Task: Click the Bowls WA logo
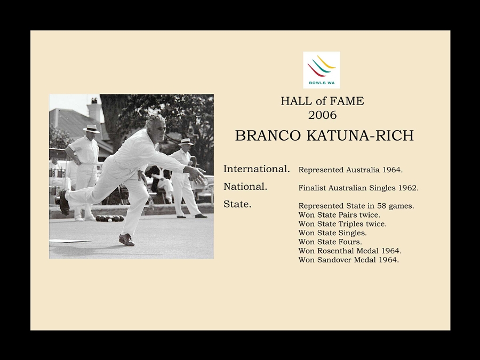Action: pos(322,70)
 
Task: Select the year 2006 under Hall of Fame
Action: pos(322,115)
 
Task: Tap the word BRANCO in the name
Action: pos(268,135)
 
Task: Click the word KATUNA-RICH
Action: pos(360,135)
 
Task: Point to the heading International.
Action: pos(257,169)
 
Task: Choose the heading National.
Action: pos(245,186)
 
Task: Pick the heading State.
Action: pos(237,204)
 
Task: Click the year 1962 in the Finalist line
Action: pos(408,188)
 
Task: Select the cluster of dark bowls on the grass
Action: pos(109,218)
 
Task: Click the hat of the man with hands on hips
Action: pos(91,129)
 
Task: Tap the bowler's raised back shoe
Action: pos(64,202)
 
